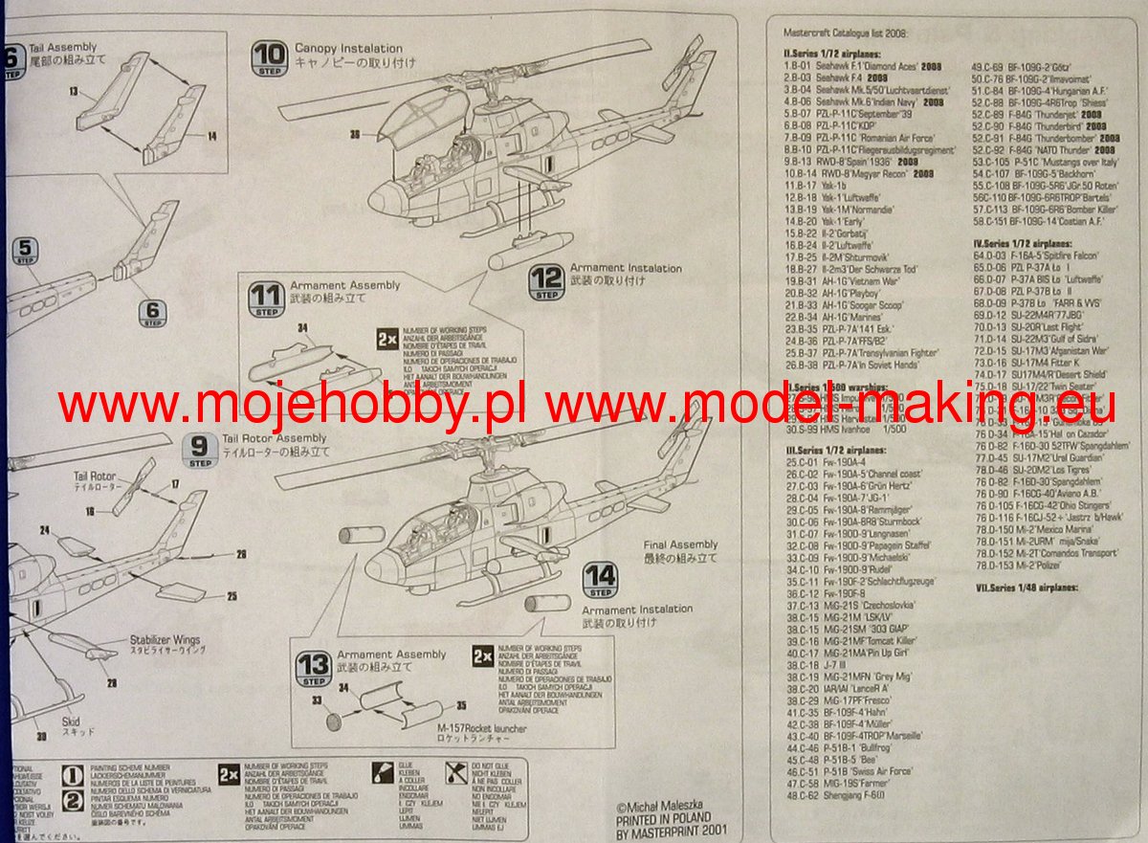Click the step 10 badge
tap(269, 59)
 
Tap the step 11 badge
tap(266, 299)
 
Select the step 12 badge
tap(546, 283)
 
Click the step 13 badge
tap(313, 669)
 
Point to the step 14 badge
tap(601, 580)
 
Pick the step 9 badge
tap(200, 449)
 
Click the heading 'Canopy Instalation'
tap(348, 48)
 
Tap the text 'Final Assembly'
tap(680, 545)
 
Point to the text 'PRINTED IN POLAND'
tap(663, 818)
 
